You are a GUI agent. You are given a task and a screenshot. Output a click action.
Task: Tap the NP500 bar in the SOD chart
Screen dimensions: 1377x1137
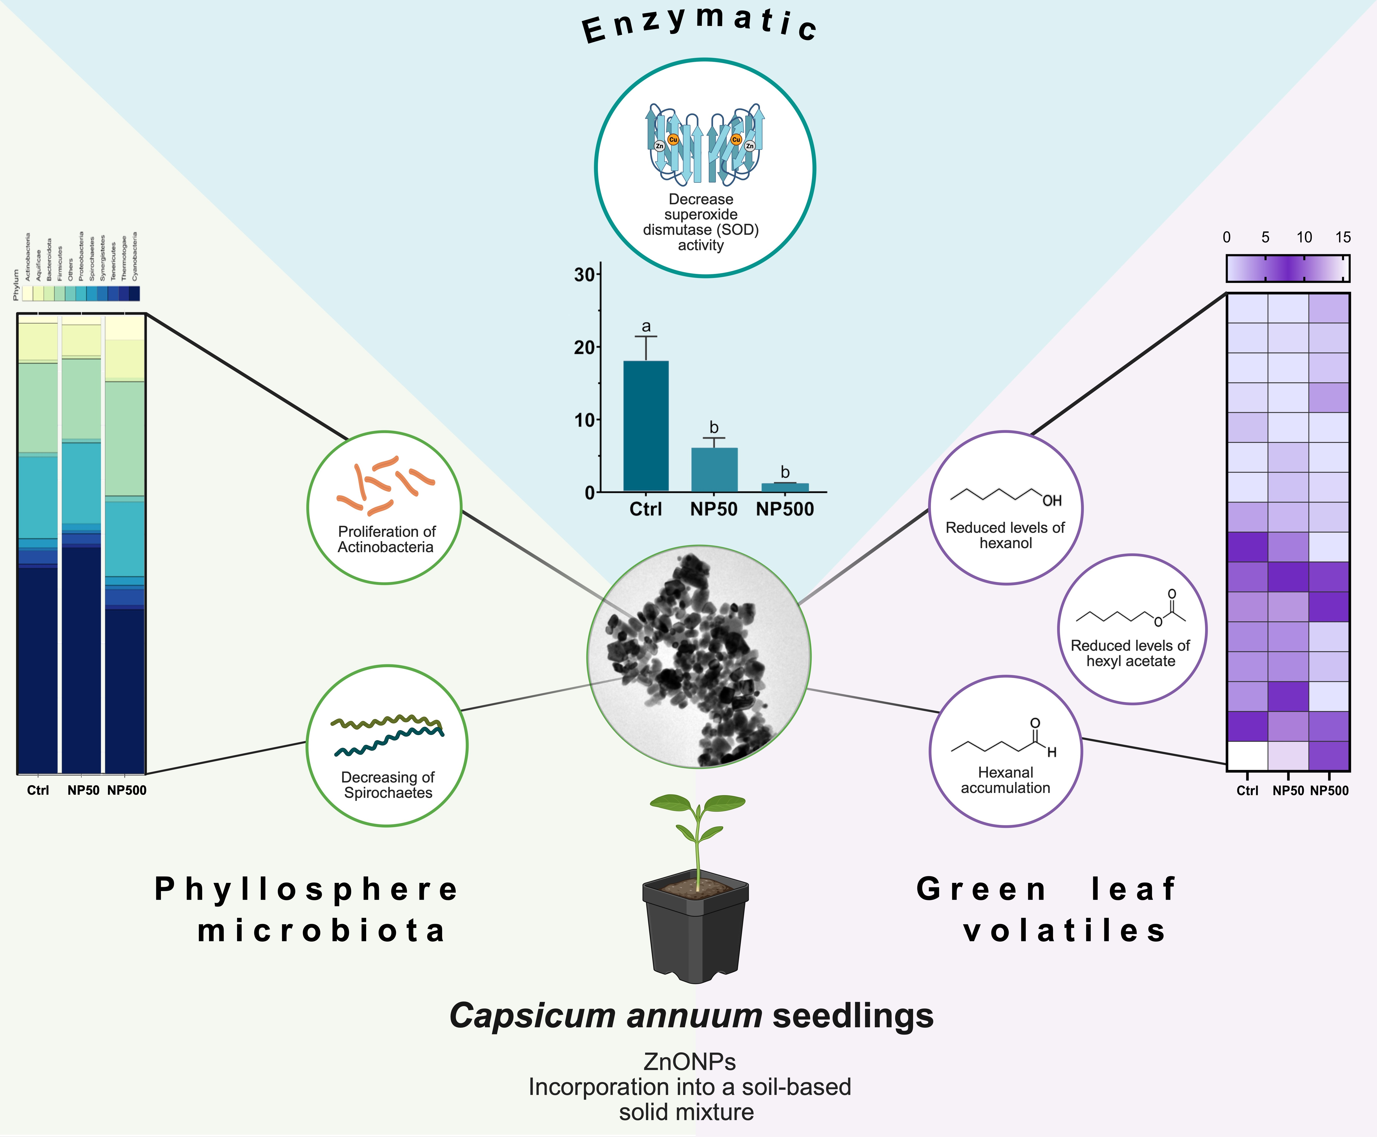pyautogui.click(x=785, y=487)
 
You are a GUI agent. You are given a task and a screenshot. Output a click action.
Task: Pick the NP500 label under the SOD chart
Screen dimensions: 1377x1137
pyautogui.click(x=785, y=510)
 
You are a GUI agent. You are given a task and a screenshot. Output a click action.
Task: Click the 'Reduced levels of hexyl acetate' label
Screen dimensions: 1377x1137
pyautogui.click(x=1131, y=653)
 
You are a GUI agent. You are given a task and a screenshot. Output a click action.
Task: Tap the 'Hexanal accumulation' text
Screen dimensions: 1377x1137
pyautogui.click(x=1005, y=780)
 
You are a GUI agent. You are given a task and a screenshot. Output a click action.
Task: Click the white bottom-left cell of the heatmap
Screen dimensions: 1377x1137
pyautogui.click(x=1247, y=756)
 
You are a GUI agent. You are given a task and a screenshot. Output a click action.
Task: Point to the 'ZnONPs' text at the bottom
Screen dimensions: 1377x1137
pyautogui.click(x=689, y=1061)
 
